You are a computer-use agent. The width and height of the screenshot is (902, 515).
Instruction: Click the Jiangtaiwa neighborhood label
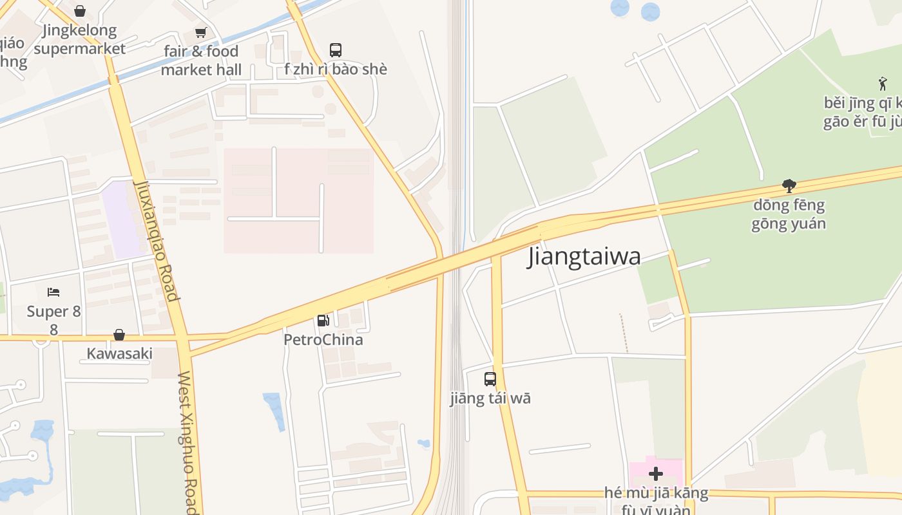[584, 256]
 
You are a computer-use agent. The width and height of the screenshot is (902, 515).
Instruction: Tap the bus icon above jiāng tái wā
[490, 379]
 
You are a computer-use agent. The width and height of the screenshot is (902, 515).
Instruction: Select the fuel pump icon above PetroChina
[323, 320]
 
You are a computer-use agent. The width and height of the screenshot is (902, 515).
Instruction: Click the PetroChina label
[323, 339]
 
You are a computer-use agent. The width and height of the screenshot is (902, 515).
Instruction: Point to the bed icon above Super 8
[53, 292]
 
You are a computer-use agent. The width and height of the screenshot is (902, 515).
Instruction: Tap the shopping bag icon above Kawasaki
[119, 335]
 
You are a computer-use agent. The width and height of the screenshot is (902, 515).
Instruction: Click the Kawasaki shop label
[120, 353]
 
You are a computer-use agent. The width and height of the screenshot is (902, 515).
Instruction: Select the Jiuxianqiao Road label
[155, 240]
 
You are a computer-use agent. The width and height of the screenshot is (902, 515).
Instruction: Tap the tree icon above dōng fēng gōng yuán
[789, 186]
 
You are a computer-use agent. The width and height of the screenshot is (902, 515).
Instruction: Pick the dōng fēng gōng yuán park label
[789, 214]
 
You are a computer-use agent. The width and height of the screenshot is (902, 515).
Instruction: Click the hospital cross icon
[656, 474]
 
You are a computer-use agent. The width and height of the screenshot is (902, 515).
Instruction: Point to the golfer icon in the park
[883, 83]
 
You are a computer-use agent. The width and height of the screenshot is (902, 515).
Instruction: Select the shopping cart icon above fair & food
[201, 32]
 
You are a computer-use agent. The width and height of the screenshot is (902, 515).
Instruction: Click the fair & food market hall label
[201, 60]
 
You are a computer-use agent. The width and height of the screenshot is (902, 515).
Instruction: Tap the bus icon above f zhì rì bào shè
[336, 50]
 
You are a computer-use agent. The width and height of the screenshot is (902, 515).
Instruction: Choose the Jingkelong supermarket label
[80, 39]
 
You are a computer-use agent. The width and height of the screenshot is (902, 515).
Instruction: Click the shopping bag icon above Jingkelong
[80, 11]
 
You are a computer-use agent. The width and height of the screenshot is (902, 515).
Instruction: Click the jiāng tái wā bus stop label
[490, 398]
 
